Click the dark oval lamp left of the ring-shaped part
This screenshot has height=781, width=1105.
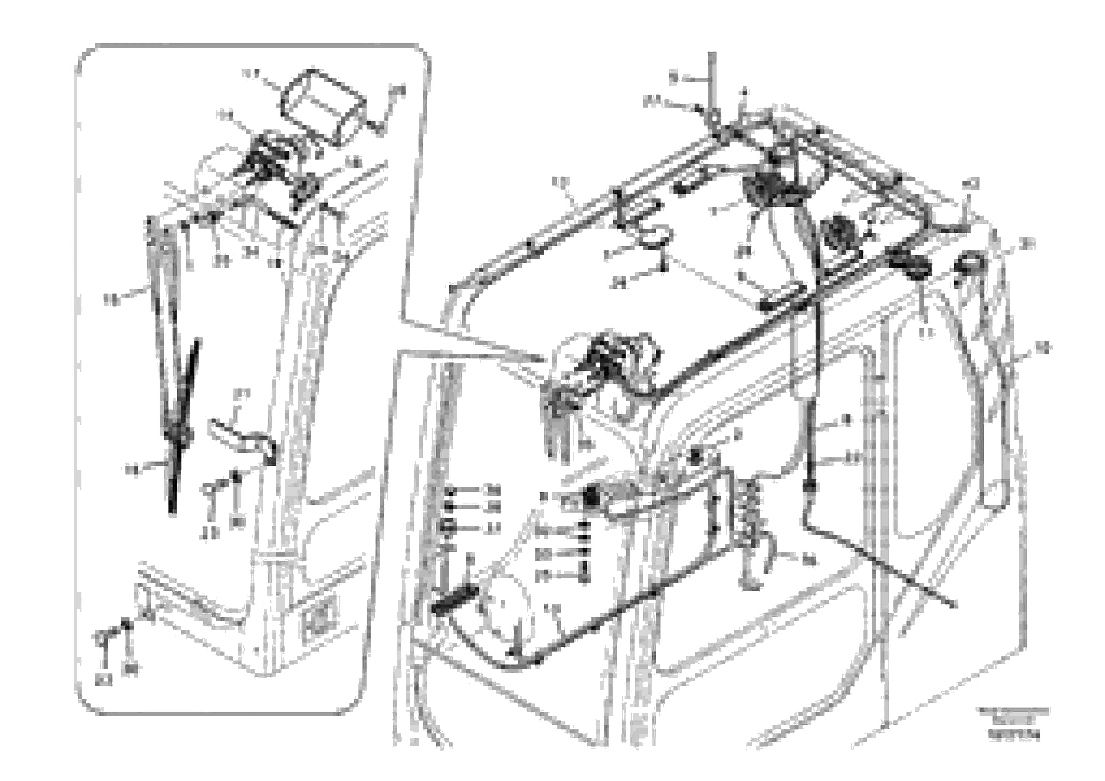[910, 264]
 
